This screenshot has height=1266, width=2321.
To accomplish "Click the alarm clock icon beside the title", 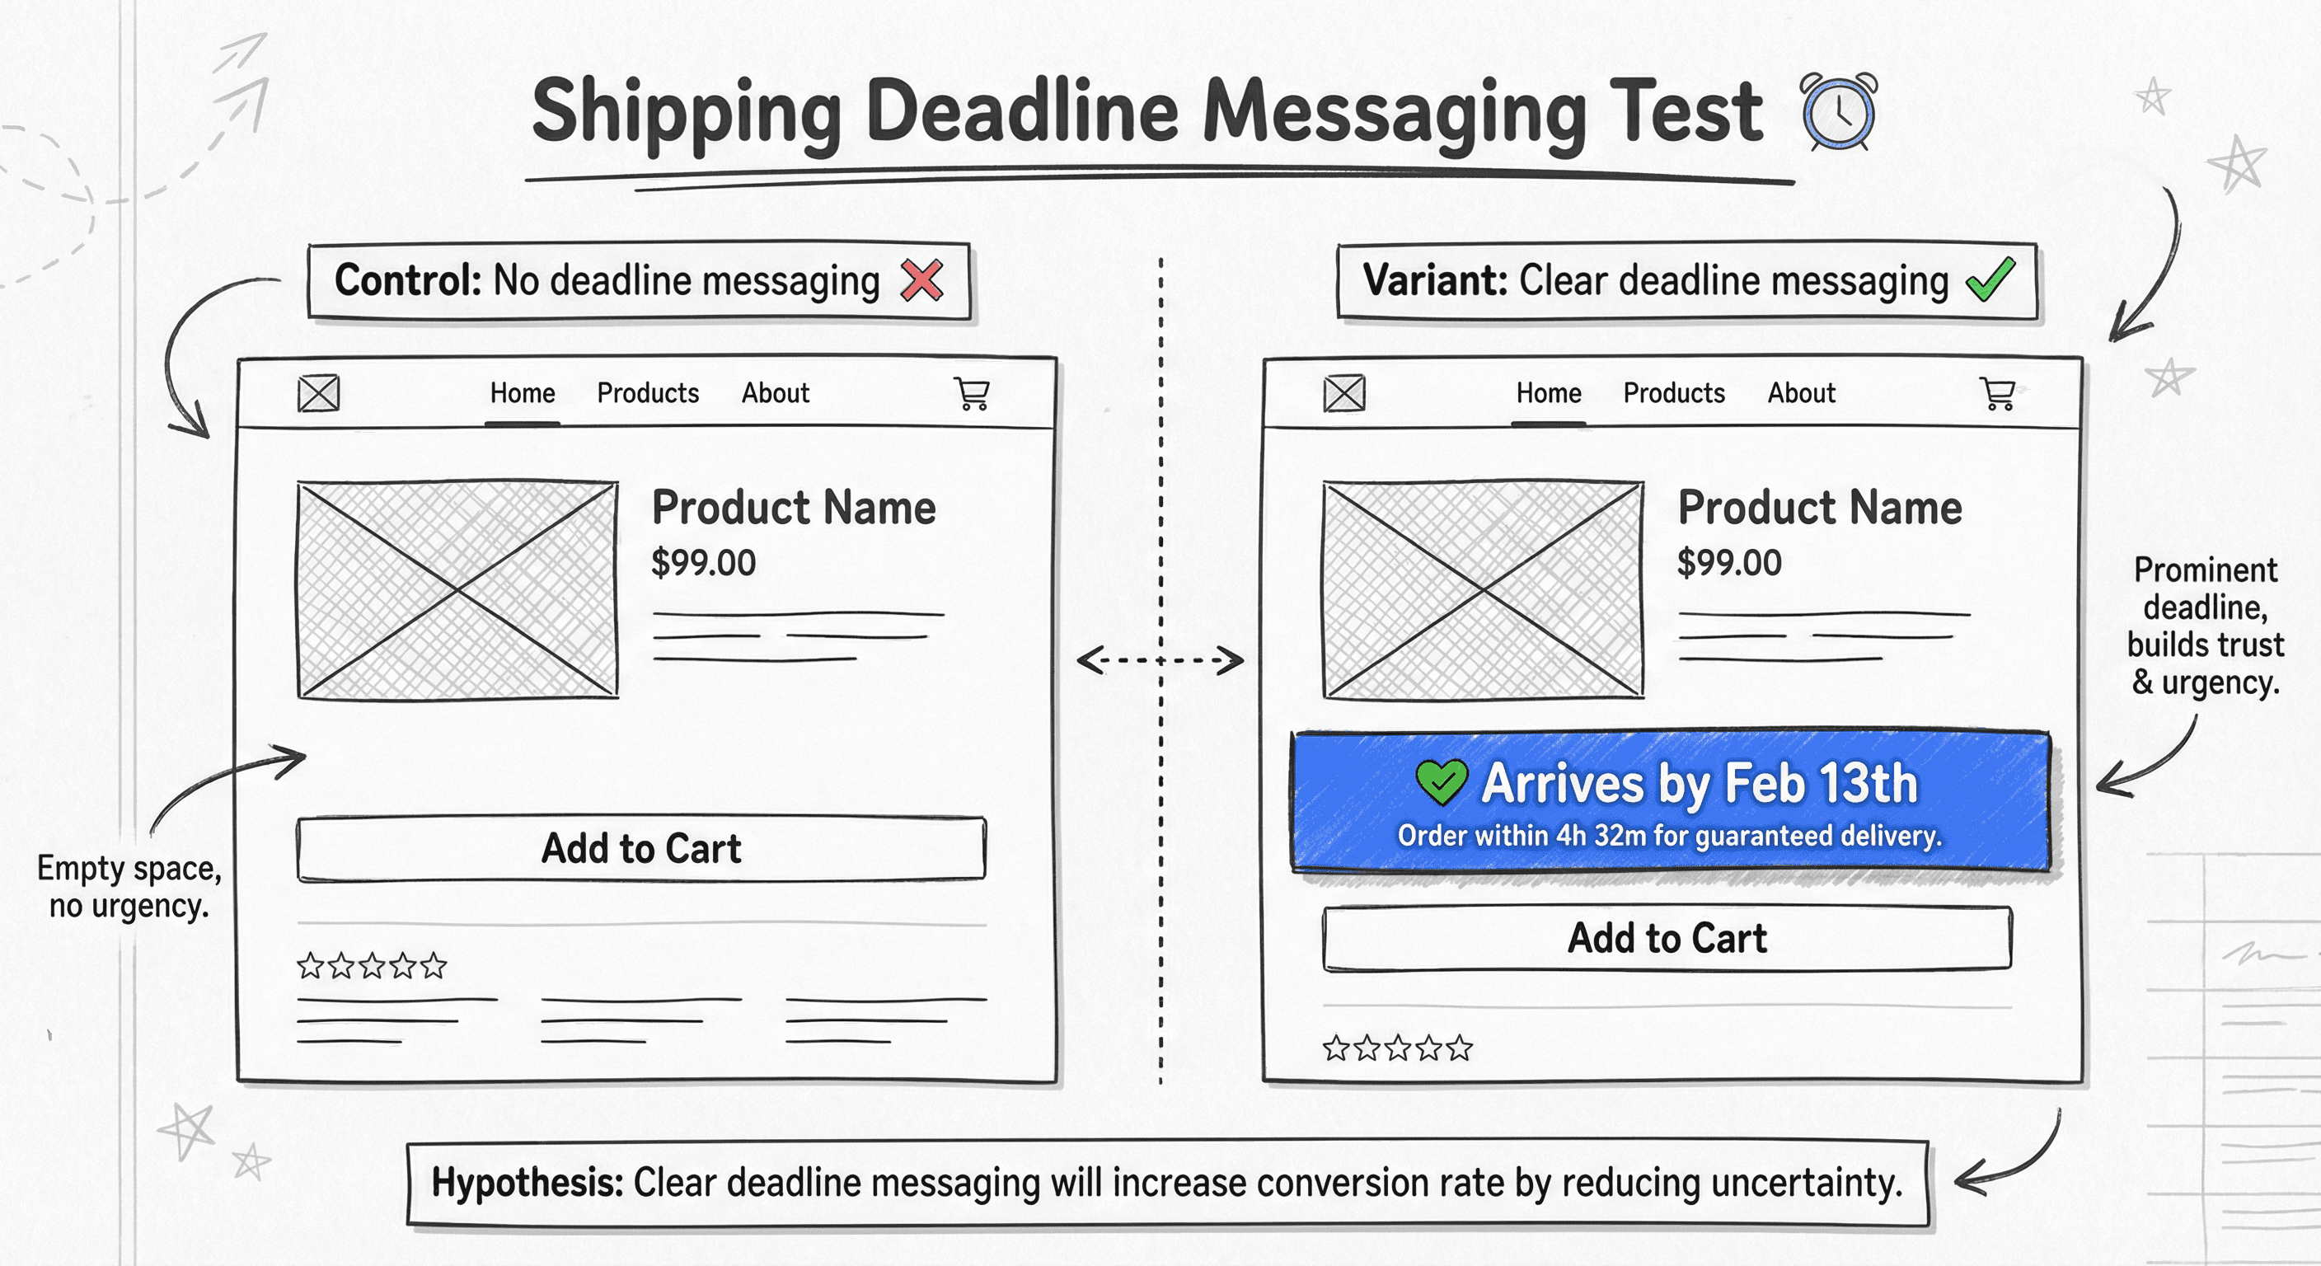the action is (x=1839, y=113).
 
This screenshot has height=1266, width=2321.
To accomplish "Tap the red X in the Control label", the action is (x=921, y=280).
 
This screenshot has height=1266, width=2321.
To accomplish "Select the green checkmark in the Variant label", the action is (x=1990, y=279).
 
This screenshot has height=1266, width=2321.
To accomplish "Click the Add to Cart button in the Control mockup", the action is (x=640, y=849).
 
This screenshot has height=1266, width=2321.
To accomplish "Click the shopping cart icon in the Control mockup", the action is (x=973, y=394).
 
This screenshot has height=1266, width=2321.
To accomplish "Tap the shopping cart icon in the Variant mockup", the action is (x=1998, y=394).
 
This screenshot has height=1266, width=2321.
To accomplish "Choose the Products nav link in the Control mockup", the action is (x=648, y=393).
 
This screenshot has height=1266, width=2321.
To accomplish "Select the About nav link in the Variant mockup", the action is (x=1801, y=393).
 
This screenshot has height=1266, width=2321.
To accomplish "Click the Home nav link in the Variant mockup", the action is (x=1548, y=393).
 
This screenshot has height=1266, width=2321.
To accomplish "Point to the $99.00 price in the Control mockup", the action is (x=703, y=563).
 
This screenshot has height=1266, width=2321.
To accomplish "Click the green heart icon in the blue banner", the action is (x=1441, y=782).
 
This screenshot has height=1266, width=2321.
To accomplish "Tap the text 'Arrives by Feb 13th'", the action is (x=1700, y=782).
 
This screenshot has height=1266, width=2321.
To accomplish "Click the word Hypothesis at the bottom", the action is (x=527, y=1182).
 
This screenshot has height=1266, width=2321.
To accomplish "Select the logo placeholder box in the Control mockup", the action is (x=319, y=394).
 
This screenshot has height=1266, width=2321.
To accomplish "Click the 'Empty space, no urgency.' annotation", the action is (x=129, y=887).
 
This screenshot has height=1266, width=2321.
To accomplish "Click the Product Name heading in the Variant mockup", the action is (x=1819, y=507).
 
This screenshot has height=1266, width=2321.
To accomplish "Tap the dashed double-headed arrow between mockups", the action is (x=1160, y=660).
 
